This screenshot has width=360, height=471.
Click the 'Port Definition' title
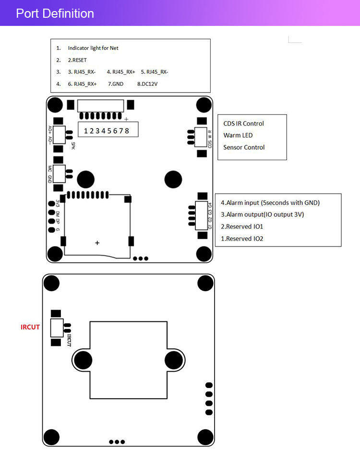coord(55,13)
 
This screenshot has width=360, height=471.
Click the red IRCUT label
coord(30,327)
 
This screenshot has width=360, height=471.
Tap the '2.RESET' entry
coord(77,60)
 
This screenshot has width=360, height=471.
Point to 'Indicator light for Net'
coord(93,48)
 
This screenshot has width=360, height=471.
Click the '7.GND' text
coord(116,84)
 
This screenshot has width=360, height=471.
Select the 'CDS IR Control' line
coord(243,124)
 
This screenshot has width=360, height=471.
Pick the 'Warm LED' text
coord(238,135)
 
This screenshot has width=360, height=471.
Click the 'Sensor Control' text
coord(244,147)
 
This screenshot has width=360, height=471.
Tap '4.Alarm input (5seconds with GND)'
coord(270,202)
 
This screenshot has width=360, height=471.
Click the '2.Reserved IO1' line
coord(242,226)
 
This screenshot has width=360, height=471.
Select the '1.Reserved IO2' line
coord(242,238)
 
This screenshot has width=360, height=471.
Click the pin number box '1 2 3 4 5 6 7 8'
coord(107,130)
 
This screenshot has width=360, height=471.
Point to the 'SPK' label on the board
coord(73,145)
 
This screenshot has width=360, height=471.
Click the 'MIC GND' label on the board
coord(50,174)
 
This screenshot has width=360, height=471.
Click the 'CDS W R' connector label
coord(210,138)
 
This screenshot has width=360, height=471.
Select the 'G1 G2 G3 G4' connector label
coord(210,215)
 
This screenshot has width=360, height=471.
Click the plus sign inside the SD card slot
coord(97,243)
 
